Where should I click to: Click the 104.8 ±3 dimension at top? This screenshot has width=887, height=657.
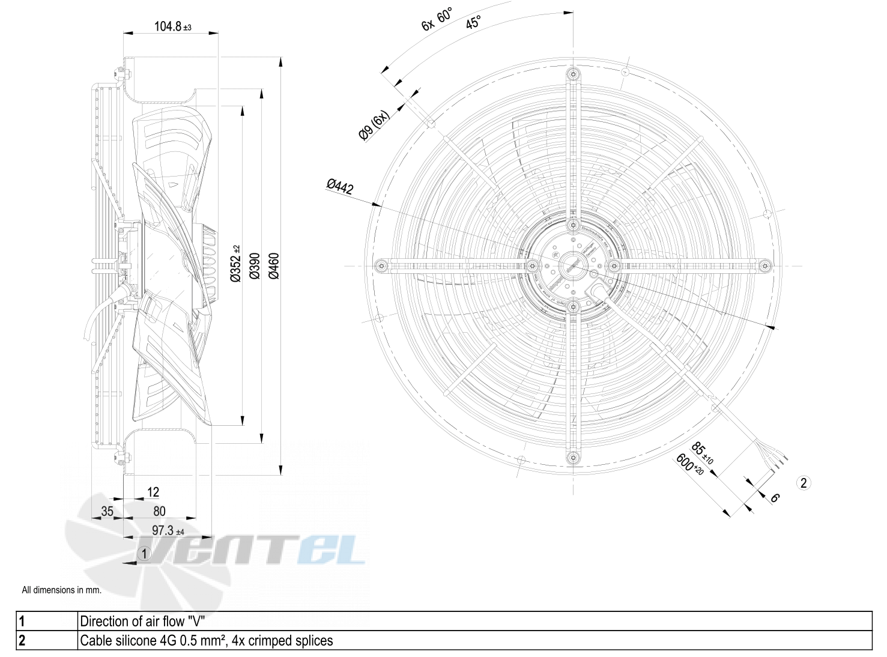pos(172,26)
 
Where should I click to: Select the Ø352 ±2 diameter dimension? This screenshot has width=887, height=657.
pos(235,264)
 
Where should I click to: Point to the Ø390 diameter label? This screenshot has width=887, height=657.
pos(254,265)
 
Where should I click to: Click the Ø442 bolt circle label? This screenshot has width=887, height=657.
pos(340,187)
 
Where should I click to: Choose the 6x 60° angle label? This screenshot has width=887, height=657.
pos(437,19)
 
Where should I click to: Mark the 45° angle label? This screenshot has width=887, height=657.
pos(473,23)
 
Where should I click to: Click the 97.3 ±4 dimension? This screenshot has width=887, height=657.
pos(168,531)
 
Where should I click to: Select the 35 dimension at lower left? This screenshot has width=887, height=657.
pos(107,511)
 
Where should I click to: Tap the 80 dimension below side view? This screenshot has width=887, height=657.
pos(159,511)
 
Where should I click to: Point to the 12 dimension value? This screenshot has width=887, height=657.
pos(153,492)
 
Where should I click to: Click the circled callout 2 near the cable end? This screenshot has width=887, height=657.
pos(804,482)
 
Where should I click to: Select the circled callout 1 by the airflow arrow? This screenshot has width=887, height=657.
pos(144,553)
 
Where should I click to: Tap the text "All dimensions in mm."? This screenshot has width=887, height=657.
pos(61,590)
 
